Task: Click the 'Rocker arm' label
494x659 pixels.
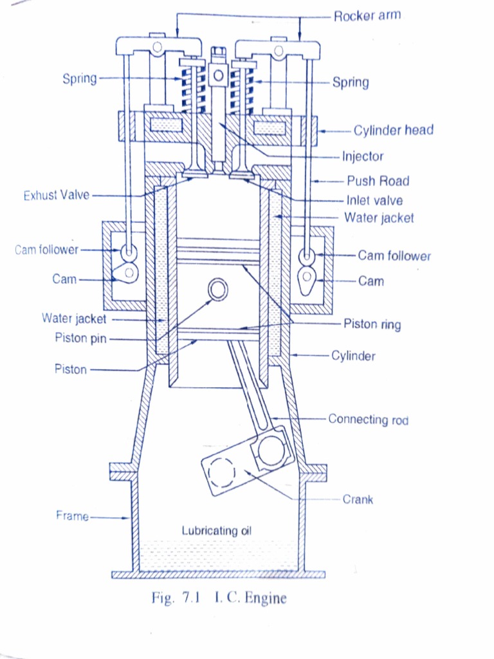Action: pos(367,15)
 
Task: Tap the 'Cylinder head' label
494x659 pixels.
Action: pos(393,130)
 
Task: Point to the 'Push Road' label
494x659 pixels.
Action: pos(378,181)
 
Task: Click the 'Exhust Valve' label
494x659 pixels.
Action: pos(57,195)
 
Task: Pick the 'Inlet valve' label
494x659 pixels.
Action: pos(374,200)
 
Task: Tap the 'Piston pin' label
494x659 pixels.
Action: pos(80,339)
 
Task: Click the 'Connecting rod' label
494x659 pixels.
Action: pos(368,420)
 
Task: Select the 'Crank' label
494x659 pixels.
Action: pos(358,499)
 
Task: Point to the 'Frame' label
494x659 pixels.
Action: pos(72,515)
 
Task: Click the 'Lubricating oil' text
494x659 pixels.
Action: pos(216,531)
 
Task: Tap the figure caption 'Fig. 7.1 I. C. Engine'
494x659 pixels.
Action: pos(219,598)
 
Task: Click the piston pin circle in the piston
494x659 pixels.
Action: pos(218,290)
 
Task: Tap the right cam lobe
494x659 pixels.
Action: pos(307,279)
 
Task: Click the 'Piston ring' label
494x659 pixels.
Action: pos(372,324)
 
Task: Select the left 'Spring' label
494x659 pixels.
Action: pos(79,79)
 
